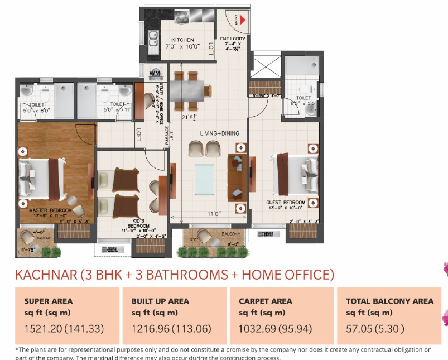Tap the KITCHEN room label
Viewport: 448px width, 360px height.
point(182,40)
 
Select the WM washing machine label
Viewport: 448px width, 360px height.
point(155,73)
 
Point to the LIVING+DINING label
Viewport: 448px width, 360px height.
point(220,133)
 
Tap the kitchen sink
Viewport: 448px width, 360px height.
point(152,38)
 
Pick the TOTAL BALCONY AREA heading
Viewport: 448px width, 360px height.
point(389,301)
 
